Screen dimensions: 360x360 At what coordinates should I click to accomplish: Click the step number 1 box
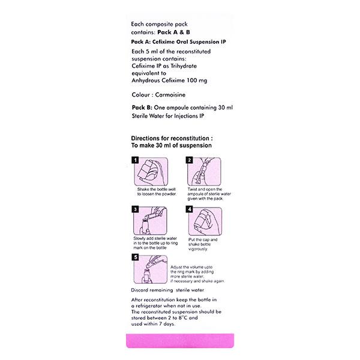pos(136,161)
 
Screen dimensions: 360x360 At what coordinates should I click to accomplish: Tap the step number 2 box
pos(189,161)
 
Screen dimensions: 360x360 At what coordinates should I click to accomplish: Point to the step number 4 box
pos(189,210)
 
